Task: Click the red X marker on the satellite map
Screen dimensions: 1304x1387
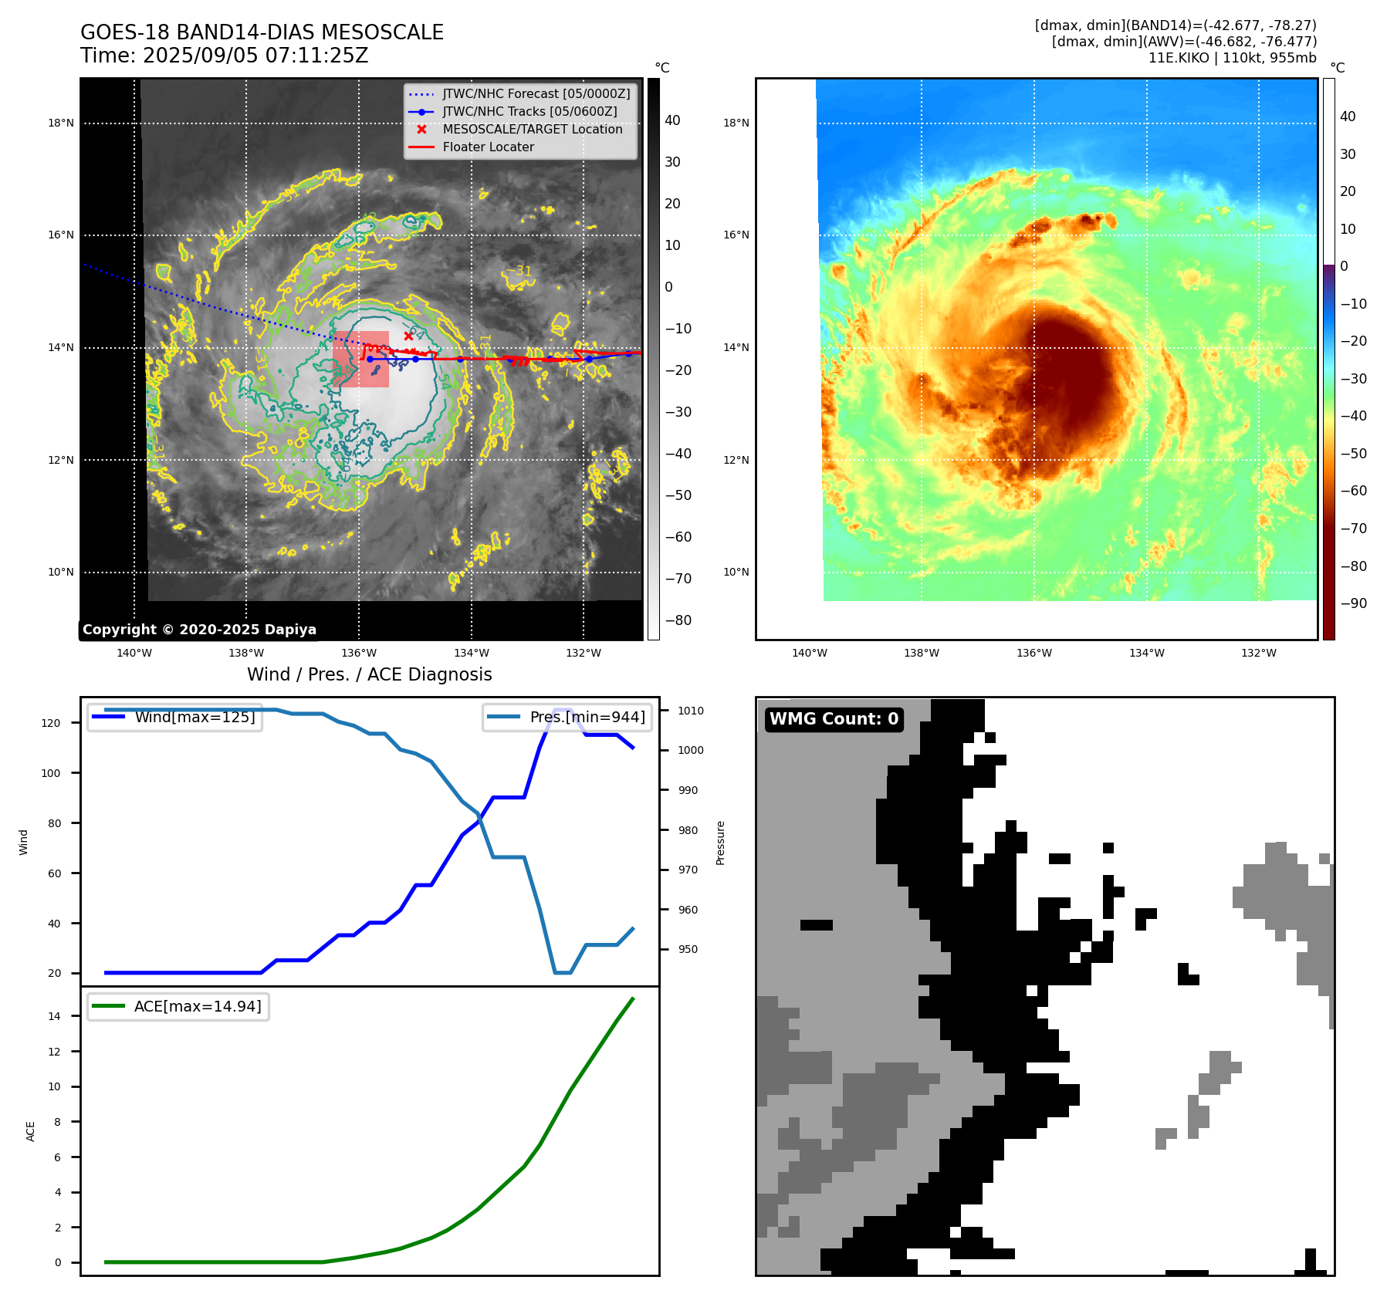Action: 408,336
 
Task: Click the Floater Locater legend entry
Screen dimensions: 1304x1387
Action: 488,147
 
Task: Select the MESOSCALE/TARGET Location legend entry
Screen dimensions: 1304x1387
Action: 532,129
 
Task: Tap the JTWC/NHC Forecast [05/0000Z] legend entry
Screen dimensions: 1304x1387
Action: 536,93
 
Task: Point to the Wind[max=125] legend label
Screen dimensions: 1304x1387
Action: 195,717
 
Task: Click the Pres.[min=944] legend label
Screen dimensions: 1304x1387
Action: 587,717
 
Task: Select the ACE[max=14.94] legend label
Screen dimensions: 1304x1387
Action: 198,1006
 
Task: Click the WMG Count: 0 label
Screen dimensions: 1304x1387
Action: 834,719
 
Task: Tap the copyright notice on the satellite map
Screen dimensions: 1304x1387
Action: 199,630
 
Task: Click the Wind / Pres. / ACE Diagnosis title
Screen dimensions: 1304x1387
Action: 369,674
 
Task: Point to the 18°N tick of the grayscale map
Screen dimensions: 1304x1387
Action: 61,123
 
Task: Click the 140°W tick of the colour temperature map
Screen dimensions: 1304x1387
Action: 809,653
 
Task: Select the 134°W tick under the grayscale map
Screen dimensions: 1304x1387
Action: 471,653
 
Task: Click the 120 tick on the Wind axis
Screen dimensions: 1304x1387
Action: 51,723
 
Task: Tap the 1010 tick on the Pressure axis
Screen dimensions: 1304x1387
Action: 691,711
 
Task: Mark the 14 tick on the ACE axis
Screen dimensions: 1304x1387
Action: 54,1016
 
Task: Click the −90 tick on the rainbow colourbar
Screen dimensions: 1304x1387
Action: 1353,603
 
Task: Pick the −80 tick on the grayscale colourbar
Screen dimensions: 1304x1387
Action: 678,620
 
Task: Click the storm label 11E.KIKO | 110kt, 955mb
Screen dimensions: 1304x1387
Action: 1232,58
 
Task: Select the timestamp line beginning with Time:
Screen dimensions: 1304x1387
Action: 224,56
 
